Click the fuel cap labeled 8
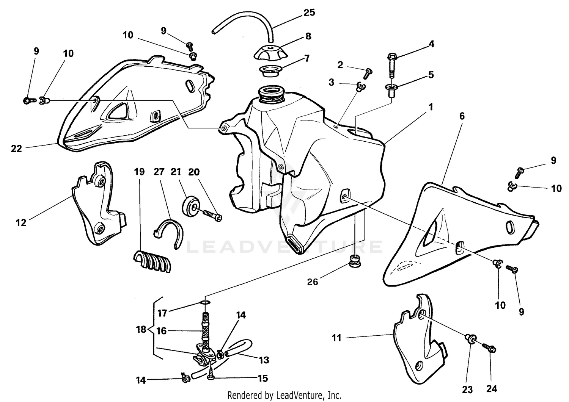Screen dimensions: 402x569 coord(270,52)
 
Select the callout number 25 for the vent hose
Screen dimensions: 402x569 coord(310,13)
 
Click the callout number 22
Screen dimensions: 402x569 coord(16,149)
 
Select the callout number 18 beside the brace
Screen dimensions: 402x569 coord(141,329)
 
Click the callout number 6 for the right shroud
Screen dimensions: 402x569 coord(462,116)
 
